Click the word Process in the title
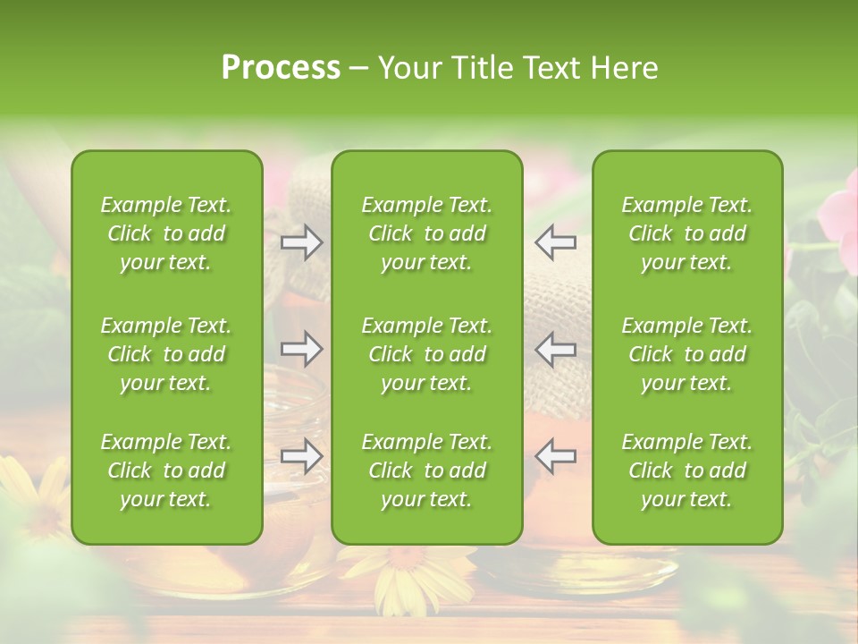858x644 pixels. click(281, 68)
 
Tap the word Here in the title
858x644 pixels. click(625, 68)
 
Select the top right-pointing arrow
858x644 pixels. click(301, 241)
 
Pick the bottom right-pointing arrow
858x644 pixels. click(301, 455)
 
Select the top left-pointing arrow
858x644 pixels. click(556, 241)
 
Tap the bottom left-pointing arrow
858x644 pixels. click(556, 455)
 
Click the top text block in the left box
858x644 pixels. click(166, 233)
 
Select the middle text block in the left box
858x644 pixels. click(166, 354)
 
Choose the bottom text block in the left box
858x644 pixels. click(166, 470)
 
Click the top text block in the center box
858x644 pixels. click(427, 233)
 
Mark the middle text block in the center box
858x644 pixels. click(427, 354)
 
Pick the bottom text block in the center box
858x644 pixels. click(427, 470)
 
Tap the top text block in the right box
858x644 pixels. click(687, 233)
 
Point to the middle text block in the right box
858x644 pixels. click(687, 354)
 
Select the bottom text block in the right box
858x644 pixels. click(687, 470)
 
